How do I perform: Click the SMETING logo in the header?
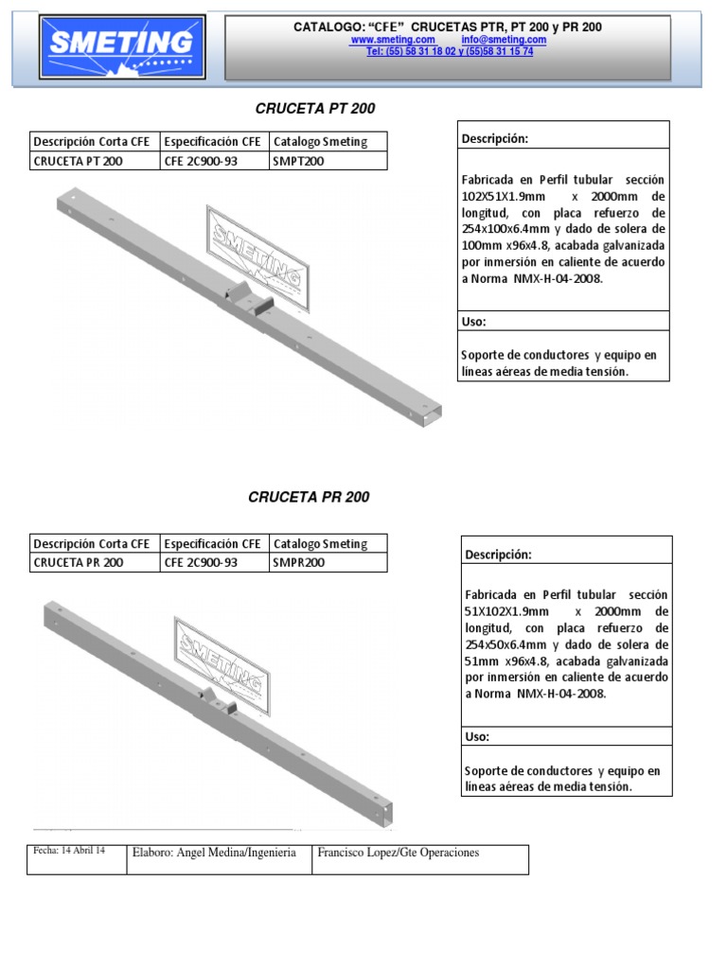(x=121, y=45)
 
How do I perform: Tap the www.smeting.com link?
(x=393, y=40)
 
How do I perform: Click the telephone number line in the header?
(x=449, y=52)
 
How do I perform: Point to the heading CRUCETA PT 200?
(x=315, y=109)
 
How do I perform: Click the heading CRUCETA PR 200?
(x=309, y=497)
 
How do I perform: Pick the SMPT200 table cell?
(x=298, y=161)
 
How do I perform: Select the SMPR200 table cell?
(x=299, y=562)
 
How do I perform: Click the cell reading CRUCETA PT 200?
(x=78, y=161)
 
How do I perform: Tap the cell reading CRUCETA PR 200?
(x=78, y=562)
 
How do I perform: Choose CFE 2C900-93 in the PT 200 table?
(x=201, y=161)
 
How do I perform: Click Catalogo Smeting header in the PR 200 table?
(x=320, y=544)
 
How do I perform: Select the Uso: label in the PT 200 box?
(x=474, y=322)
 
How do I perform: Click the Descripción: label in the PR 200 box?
(x=498, y=555)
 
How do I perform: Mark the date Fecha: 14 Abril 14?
(x=69, y=851)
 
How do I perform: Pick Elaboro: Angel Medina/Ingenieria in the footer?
(x=215, y=853)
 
